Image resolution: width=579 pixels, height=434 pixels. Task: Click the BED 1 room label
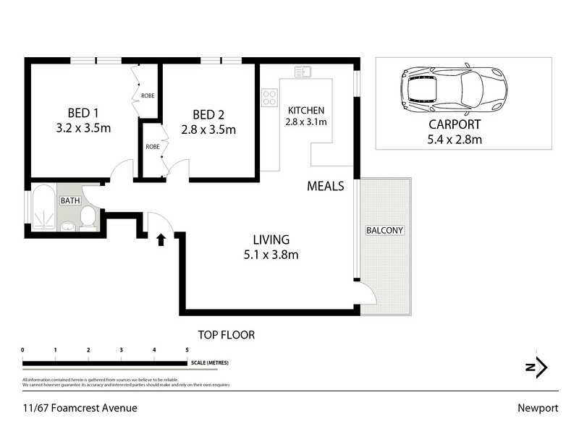(x=83, y=113)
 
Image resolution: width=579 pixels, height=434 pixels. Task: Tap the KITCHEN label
(x=307, y=110)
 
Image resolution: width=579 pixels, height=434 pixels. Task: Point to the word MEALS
(x=325, y=186)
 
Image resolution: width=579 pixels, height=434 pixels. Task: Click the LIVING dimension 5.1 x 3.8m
(x=271, y=254)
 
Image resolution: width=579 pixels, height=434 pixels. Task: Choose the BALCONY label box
(x=384, y=231)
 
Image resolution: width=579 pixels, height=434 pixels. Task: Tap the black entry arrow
(x=161, y=239)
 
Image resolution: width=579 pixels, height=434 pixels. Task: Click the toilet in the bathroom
(x=88, y=216)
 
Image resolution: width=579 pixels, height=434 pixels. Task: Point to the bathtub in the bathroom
(x=43, y=208)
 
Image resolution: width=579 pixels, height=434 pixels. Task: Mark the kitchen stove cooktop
(x=270, y=98)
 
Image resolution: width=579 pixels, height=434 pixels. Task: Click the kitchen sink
(x=303, y=72)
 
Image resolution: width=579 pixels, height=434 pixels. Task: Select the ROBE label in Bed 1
(x=148, y=95)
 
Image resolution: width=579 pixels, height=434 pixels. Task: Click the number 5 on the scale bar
(x=187, y=350)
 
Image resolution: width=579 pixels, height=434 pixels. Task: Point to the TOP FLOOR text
(x=227, y=335)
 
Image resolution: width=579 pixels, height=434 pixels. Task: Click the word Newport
(x=537, y=408)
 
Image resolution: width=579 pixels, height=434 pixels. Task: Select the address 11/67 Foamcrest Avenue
(x=80, y=408)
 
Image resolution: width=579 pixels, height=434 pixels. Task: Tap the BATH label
(x=69, y=200)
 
